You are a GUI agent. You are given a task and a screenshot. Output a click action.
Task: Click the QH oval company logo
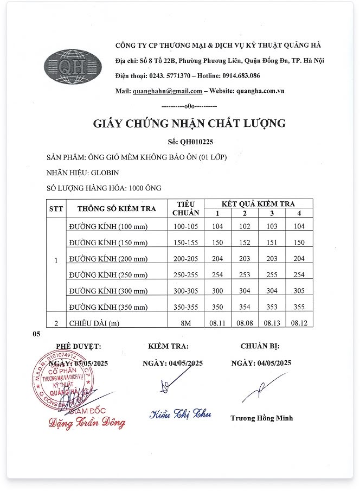tap(73, 67)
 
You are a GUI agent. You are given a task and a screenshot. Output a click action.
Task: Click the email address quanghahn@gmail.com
tap(167, 91)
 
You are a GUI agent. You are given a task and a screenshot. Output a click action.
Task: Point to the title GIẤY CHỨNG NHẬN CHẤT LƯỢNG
tap(189, 124)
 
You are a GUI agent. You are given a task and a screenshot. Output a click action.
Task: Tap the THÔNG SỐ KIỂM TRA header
tap(117, 208)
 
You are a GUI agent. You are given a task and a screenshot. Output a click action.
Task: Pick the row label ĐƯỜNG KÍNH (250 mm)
tap(108, 275)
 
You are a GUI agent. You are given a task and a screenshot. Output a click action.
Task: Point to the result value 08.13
tap(271, 323)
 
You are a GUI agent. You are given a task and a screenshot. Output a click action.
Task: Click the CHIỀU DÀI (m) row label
tap(93, 323)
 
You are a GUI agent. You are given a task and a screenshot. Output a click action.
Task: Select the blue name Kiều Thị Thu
tap(180, 415)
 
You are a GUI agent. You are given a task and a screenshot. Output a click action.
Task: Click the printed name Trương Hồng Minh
tap(261, 418)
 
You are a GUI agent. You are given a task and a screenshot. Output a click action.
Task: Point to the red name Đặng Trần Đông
tap(87, 423)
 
